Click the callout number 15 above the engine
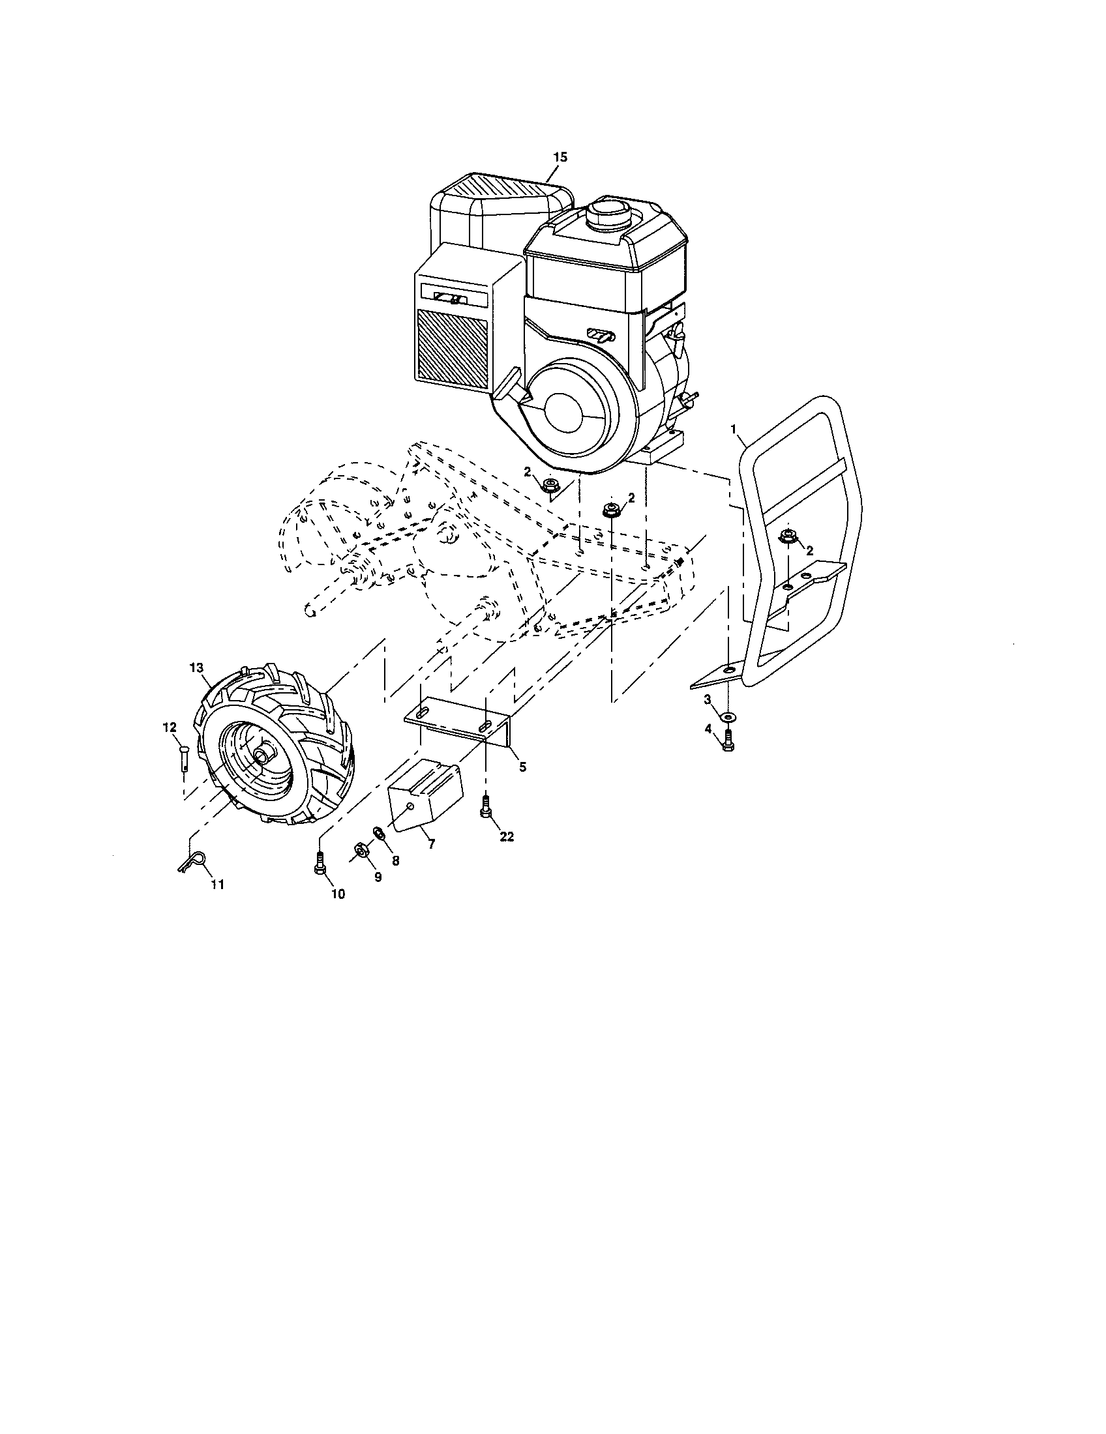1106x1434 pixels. pyautogui.click(x=560, y=157)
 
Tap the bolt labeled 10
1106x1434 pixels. pyautogui.click(x=320, y=861)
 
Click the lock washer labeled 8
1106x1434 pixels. pyautogui.click(x=379, y=833)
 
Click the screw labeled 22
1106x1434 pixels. pyautogui.click(x=486, y=806)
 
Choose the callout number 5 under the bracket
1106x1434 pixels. pyautogui.click(x=523, y=767)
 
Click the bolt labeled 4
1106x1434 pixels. pyautogui.click(x=728, y=740)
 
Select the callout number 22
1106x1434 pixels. pyautogui.click(x=506, y=837)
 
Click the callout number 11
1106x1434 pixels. pyautogui.click(x=217, y=885)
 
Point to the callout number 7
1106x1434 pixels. pyautogui.click(x=431, y=844)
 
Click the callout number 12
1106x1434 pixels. pyautogui.click(x=170, y=727)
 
